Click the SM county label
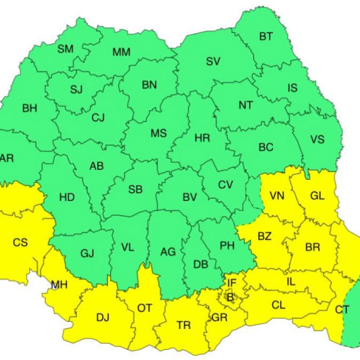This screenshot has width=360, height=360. [66, 49]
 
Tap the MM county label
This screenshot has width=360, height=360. [121, 53]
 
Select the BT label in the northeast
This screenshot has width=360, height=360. [266, 36]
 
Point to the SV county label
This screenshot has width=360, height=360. [213, 61]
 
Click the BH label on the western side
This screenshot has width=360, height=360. [30, 109]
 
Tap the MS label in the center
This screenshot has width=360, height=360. [158, 135]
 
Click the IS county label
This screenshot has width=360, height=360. [292, 89]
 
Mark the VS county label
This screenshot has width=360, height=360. [317, 140]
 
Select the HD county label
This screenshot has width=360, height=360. [66, 197]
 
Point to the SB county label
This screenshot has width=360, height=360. [135, 189]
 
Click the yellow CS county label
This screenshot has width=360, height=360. [20, 243]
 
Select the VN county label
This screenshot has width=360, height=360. [277, 196]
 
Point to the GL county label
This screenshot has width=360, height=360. [317, 196]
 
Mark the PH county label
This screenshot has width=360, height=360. [227, 246]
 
